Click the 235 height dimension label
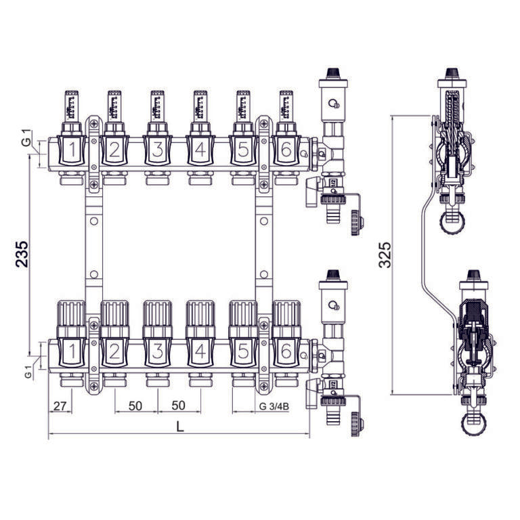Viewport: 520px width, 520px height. point(22,254)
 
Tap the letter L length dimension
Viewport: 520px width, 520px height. point(179,427)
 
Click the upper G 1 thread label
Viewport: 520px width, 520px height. point(26,142)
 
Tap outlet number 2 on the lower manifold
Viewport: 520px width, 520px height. point(114,351)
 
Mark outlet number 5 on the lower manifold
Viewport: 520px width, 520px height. point(242,351)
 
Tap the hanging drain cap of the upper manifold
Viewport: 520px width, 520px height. point(356,223)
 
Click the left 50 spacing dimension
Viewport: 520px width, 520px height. point(135,406)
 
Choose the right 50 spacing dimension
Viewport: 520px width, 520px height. point(179,406)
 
